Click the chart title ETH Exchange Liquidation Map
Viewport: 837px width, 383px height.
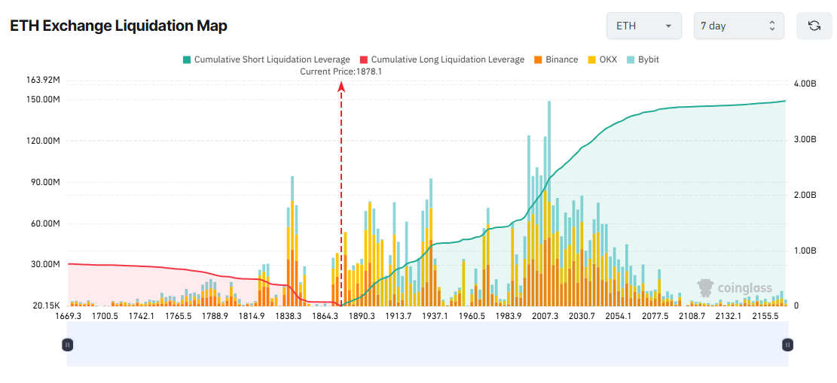click(x=118, y=26)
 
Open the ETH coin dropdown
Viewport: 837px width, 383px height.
click(x=643, y=26)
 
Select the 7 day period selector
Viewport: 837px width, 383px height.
click(x=738, y=26)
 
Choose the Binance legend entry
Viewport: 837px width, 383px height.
click(x=556, y=59)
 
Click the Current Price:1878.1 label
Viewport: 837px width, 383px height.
click(x=341, y=71)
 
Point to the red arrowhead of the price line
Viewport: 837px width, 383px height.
click(x=341, y=87)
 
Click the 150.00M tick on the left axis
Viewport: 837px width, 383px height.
click(x=44, y=99)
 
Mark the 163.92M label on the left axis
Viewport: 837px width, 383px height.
click(x=44, y=80)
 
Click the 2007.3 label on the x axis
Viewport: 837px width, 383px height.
click(x=545, y=316)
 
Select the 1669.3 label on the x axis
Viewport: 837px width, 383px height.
click(x=69, y=316)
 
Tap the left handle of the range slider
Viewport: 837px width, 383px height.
click(x=68, y=345)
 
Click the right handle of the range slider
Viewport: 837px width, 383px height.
click(x=787, y=345)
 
